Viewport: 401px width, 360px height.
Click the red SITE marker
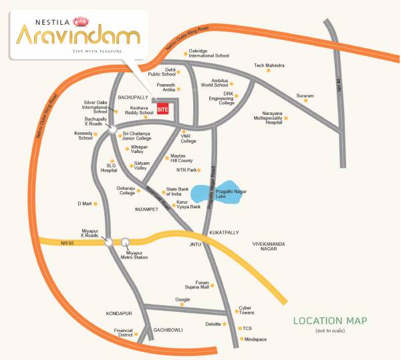tap(163, 109)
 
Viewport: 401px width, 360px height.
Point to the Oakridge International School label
tap(209, 53)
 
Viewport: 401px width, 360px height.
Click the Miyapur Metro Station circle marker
tap(126, 242)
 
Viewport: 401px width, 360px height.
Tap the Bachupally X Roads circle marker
tap(114, 129)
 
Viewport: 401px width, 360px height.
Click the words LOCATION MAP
tap(330, 321)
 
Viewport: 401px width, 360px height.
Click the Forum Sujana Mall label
tap(202, 285)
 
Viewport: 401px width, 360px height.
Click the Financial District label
tap(124, 333)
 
